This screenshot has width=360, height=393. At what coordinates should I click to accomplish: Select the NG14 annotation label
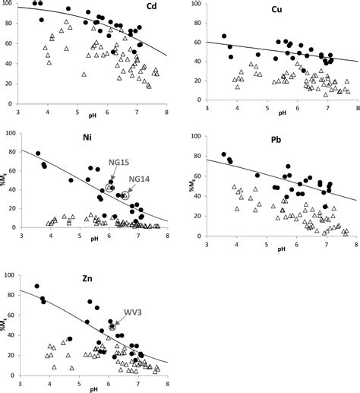[140, 179]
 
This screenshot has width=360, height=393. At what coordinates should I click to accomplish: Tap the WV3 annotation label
[134, 312]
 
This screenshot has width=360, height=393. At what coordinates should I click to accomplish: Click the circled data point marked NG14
[125, 195]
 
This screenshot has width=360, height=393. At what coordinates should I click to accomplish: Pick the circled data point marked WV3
[112, 327]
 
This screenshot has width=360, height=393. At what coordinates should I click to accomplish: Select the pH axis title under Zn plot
[93, 389]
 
